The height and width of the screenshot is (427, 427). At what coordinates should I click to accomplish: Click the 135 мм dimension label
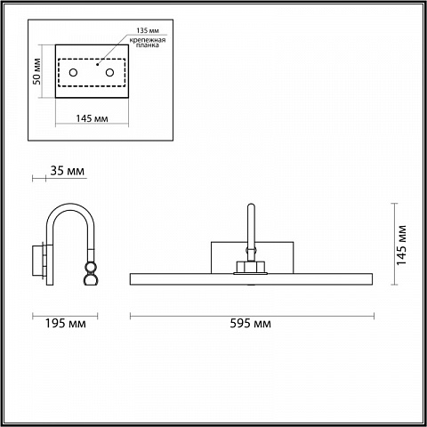(x=148, y=30)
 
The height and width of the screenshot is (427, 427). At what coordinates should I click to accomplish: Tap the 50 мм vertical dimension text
(x=36, y=71)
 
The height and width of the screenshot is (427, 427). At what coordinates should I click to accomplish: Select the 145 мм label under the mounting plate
(x=92, y=118)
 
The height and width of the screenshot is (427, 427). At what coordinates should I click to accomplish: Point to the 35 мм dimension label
(x=68, y=171)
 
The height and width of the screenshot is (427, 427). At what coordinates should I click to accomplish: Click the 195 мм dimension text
(x=65, y=323)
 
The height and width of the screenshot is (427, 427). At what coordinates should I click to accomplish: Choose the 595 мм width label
(x=251, y=323)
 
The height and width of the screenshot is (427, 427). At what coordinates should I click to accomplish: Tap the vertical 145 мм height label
(x=401, y=245)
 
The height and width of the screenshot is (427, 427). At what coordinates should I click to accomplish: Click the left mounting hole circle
(x=73, y=72)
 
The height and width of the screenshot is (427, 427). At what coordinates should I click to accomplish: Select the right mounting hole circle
(x=109, y=72)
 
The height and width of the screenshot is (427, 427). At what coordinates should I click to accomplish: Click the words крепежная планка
(x=148, y=43)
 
